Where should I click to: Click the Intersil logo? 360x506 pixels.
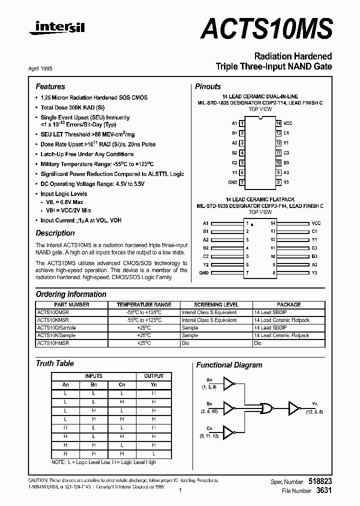coord(56,29)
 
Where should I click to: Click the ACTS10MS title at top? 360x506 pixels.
coord(266,29)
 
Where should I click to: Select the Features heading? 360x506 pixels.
coord(50,86)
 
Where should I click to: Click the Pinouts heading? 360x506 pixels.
coord(207,86)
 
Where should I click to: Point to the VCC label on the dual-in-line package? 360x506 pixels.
coord(288,123)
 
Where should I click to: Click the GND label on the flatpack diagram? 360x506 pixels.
coord(203,273)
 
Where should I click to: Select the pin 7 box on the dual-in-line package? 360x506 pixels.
coord(242,182)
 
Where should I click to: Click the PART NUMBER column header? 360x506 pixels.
coord(71,304)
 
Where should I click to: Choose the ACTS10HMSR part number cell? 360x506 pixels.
coord(53,343)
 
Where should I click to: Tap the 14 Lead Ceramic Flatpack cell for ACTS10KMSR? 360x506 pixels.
coord(281,320)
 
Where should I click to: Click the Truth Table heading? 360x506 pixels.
coord(54,363)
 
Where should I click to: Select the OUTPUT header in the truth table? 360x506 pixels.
coord(153,376)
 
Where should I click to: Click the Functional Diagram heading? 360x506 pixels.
coord(229,365)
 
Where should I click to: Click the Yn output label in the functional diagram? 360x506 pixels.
coord(314,403)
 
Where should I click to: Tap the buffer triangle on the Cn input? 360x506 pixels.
coord(228,430)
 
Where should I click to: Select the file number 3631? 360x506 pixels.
coord(324,491)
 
